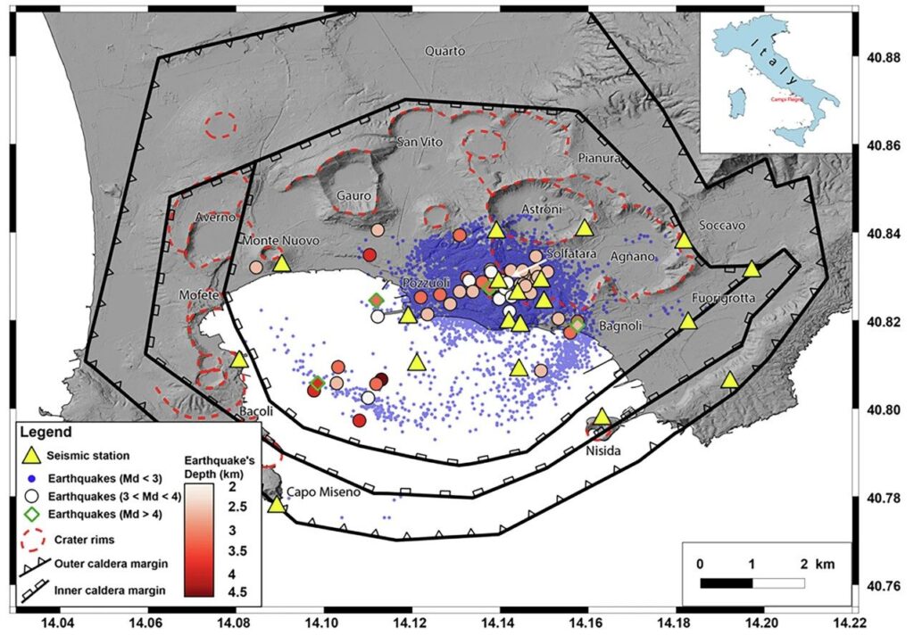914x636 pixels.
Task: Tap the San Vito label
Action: [x=419, y=144]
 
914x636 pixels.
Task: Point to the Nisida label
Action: [x=603, y=450]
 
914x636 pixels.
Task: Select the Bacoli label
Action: [x=257, y=412]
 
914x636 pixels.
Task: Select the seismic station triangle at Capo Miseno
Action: [x=277, y=505]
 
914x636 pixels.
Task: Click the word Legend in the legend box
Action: [x=48, y=433]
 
